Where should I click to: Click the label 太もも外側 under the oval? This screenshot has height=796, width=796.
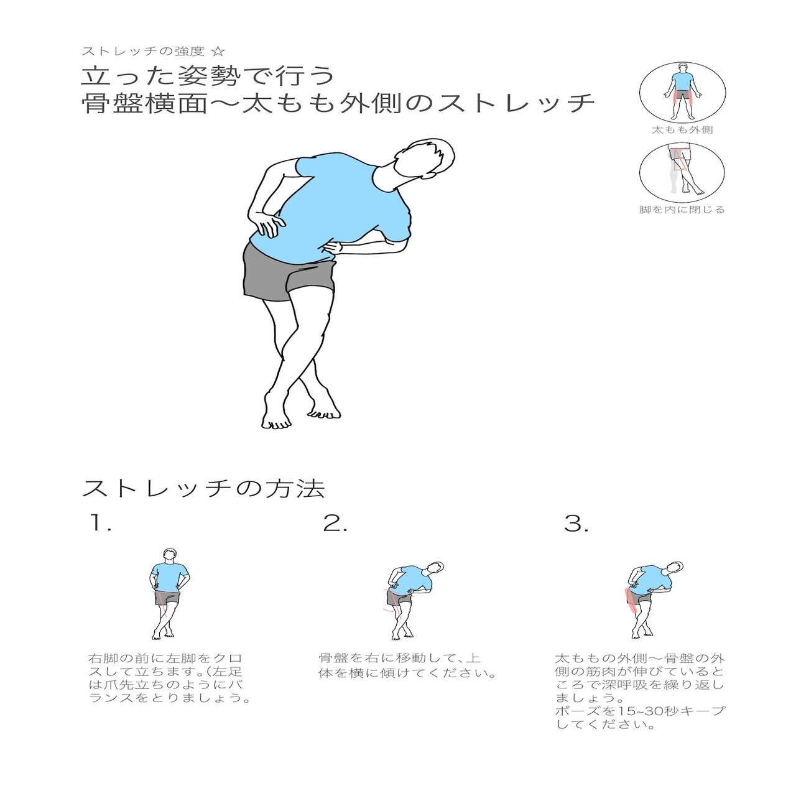coord(682,130)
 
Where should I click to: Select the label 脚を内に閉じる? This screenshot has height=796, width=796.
coord(682,210)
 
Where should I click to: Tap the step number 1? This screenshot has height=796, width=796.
coord(99,524)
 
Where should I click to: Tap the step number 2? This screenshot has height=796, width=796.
coord(335,524)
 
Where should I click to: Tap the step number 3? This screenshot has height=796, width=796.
coord(576,524)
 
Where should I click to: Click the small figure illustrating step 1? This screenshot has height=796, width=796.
coord(167,594)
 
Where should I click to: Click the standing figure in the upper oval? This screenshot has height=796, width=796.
coord(682,91)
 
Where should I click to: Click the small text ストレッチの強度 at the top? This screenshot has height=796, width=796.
coord(148,51)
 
